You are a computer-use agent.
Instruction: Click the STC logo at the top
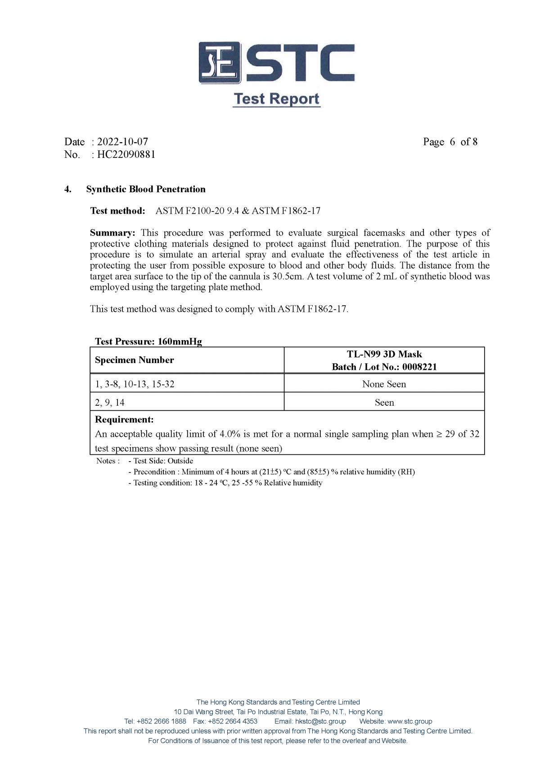[x=276, y=63]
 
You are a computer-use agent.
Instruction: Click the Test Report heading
[x=276, y=99]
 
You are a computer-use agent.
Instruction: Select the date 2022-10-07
[x=122, y=142]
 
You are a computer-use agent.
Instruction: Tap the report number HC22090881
[x=126, y=154]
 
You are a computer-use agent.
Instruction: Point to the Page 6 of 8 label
[x=450, y=142]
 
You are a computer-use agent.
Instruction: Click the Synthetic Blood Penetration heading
[x=146, y=189]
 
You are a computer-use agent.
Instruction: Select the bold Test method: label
[x=117, y=211]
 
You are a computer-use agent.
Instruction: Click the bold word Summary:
[x=112, y=233]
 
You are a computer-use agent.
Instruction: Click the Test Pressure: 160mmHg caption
[x=148, y=341]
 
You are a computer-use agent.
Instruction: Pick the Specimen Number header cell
[x=134, y=360]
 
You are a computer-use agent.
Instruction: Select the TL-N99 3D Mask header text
[x=384, y=354]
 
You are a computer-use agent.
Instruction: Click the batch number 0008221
[x=419, y=367]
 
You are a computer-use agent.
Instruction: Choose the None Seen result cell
[x=384, y=384]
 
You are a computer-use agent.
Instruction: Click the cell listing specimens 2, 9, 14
[x=110, y=403]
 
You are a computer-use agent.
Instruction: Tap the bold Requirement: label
[x=124, y=419]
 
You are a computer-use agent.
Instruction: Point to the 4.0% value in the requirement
[x=229, y=434]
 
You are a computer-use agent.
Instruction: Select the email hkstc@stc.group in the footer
[x=320, y=721]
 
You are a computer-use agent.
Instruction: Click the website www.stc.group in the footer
[x=409, y=721]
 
